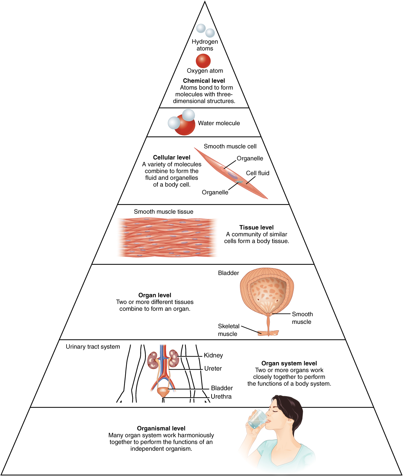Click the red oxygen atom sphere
tap(203, 61)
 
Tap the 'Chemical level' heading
tap(204, 81)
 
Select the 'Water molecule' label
tap(219, 123)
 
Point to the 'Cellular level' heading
tap(171, 157)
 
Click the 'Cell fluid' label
tap(257, 173)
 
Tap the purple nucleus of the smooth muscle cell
tap(232, 176)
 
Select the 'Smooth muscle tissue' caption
tap(164, 212)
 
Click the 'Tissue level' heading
tap(256, 227)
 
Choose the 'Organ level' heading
tap(155, 295)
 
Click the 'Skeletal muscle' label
tap(228, 330)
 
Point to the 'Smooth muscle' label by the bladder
tap(302, 318)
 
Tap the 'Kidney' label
tap(213, 355)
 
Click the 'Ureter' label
tap(213, 369)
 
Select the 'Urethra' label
tap(221, 397)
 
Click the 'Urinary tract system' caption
tap(93, 347)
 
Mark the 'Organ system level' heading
tap(289, 363)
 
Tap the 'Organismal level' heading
tap(161, 428)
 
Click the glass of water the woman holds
tap(257, 419)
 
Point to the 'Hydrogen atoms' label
tap(205, 45)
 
